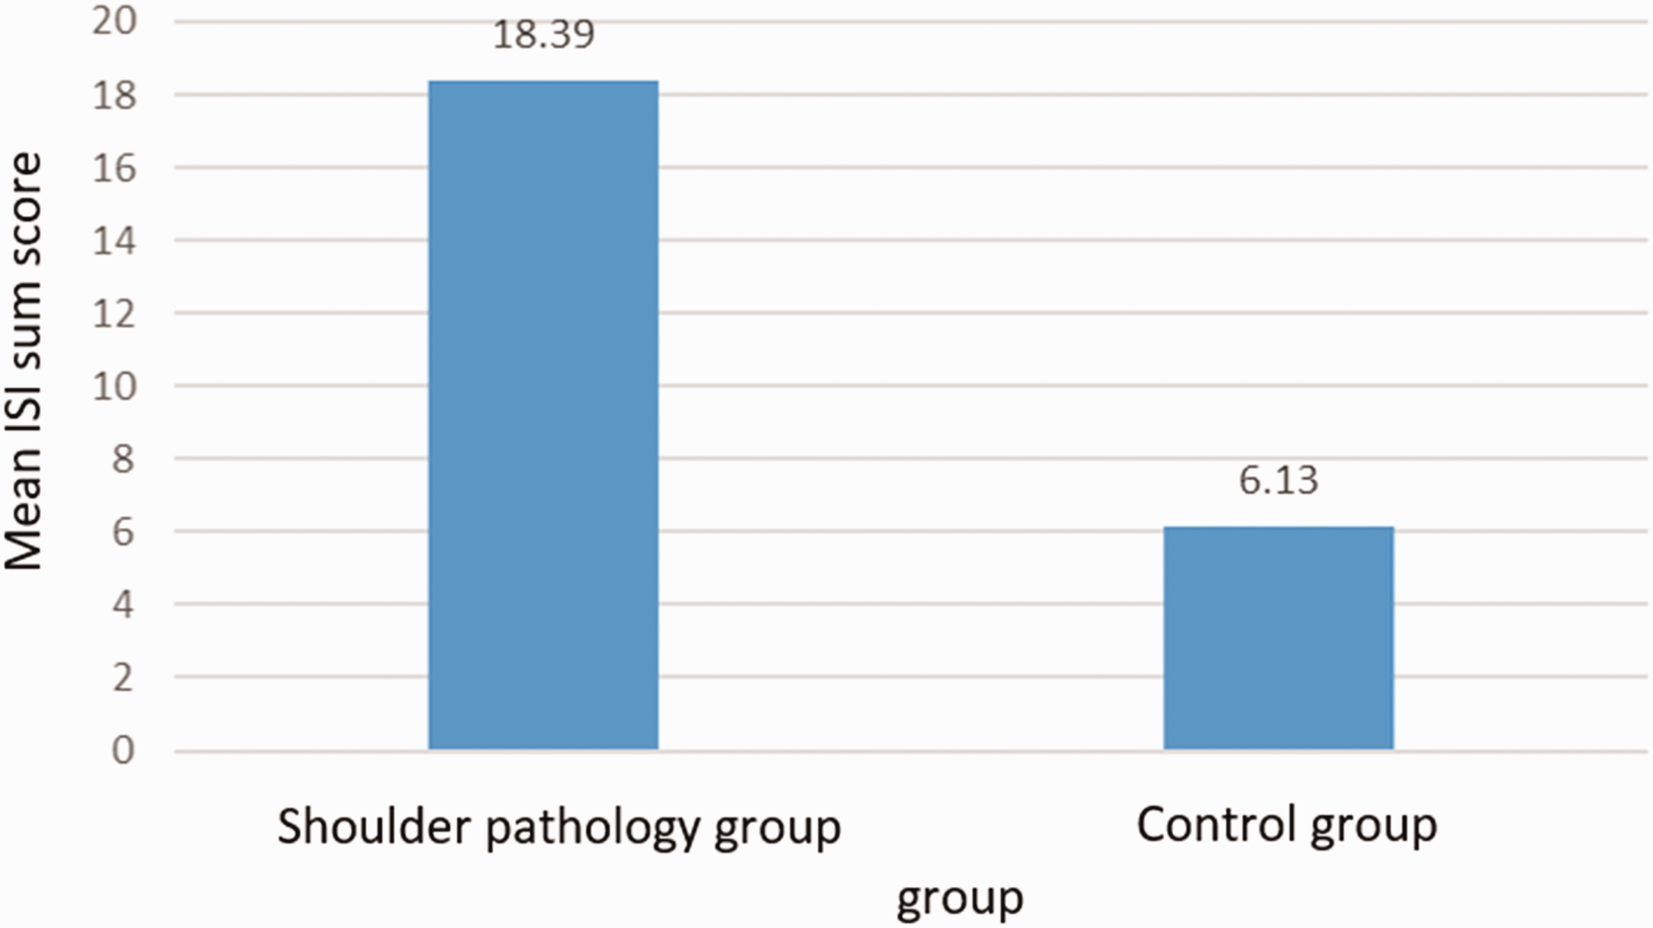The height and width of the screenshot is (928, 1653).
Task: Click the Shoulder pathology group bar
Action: click(543, 415)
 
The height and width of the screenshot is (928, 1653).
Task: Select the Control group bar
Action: click(1279, 638)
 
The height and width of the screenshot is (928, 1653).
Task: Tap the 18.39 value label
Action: click(544, 36)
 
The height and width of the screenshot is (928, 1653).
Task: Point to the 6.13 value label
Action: click(1279, 481)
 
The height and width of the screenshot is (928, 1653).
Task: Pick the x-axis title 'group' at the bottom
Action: click(960, 899)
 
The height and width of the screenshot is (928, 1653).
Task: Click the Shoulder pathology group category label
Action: click(559, 828)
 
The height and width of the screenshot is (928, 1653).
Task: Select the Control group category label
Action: click(1287, 826)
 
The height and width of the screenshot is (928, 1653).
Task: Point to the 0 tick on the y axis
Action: click(123, 751)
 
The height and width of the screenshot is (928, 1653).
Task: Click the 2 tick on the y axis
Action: click(123, 678)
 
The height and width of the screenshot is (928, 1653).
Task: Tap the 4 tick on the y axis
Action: click(123, 605)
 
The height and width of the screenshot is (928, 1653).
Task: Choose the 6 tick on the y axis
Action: click(123, 533)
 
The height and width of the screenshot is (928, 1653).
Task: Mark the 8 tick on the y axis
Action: click(123, 460)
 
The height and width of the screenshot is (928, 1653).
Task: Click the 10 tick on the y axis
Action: click(114, 387)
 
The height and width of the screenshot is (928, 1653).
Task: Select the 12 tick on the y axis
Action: click(114, 314)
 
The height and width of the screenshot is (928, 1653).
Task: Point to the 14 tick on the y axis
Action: click(114, 241)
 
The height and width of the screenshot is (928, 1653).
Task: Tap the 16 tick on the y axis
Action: click(114, 169)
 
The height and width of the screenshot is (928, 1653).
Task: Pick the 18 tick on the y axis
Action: click(114, 95)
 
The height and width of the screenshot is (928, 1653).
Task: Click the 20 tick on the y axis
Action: click(114, 22)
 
